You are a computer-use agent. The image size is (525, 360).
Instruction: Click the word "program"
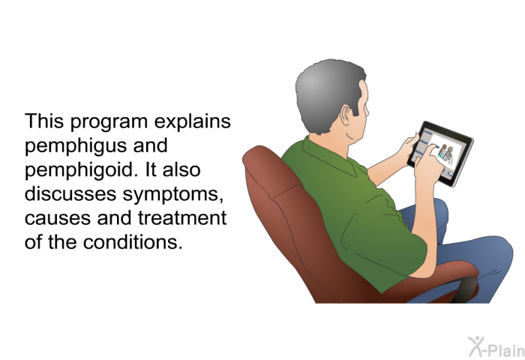pos(109,123)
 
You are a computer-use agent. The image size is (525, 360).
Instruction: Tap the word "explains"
pos(193,121)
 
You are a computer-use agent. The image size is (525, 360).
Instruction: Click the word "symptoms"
pos(172,195)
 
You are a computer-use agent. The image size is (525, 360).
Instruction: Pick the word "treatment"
pos(182,217)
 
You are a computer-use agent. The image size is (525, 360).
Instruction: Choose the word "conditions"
pos(133,241)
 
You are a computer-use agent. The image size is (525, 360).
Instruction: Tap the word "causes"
pos(58,219)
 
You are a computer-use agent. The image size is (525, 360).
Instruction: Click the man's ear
pos(346,115)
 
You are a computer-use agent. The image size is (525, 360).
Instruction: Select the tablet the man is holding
pos(440,154)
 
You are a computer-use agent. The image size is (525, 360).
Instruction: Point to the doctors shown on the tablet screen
pos(445,153)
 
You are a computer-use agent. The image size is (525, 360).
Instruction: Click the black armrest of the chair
pos(467,289)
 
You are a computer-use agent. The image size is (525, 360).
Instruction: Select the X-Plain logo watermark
pos(496,346)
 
